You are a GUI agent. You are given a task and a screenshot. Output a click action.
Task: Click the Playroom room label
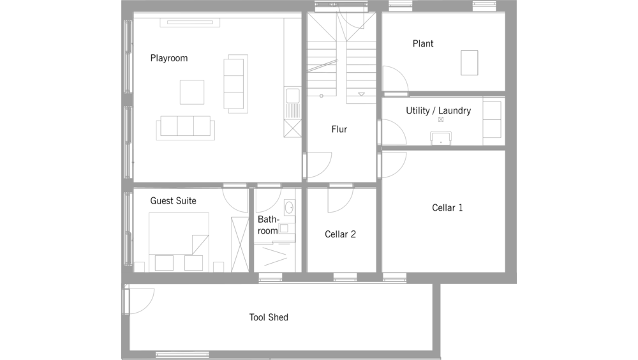[x=169, y=58]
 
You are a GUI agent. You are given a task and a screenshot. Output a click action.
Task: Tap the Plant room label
[x=423, y=43]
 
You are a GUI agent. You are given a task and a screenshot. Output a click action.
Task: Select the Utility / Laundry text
[x=438, y=111]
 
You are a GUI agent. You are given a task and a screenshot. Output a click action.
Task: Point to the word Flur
[x=339, y=130]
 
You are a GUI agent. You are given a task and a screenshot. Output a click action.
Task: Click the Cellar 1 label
[x=447, y=207]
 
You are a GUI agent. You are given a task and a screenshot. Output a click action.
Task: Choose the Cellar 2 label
[x=340, y=234]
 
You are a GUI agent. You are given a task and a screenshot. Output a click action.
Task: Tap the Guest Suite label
[x=173, y=201]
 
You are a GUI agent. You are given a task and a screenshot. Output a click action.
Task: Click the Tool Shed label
[x=269, y=317]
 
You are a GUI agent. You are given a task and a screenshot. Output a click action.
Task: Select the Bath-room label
[x=268, y=225]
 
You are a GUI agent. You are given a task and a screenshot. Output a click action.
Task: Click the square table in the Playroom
[x=192, y=92]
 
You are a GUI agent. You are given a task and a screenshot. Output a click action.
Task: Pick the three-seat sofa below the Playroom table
[x=186, y=128]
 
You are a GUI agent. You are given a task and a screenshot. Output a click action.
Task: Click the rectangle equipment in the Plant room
[x=469, y=63]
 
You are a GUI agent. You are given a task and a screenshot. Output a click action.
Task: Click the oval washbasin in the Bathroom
[x=289, y=207]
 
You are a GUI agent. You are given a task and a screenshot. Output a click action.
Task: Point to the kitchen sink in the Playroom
[x=293, y=96]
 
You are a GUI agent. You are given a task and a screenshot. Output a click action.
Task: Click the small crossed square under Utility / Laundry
[x=441, y=119]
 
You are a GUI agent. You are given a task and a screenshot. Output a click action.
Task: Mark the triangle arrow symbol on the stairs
[x=361, y=94]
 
